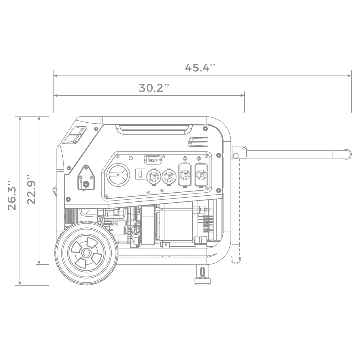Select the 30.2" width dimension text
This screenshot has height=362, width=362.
click(154, 88)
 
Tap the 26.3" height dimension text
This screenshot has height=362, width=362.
click(12, 195)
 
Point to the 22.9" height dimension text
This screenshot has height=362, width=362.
click(31, 189)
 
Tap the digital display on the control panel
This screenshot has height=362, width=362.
click(152, 160)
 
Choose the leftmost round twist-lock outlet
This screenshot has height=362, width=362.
click(154, 176)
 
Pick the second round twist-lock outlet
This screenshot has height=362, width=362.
click(169, 176)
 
